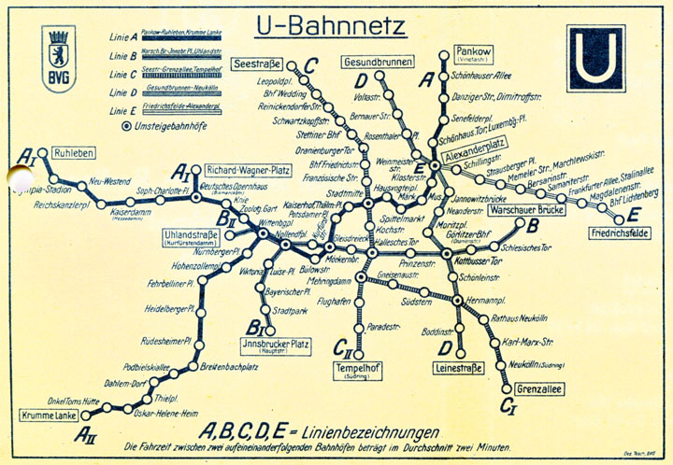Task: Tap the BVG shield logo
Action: pyautogui.click(x=58, y=57)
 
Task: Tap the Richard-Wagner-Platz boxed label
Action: pyautogui.click(x=240, y=171)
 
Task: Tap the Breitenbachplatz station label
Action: pyautogui.click(x=228, y=367)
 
